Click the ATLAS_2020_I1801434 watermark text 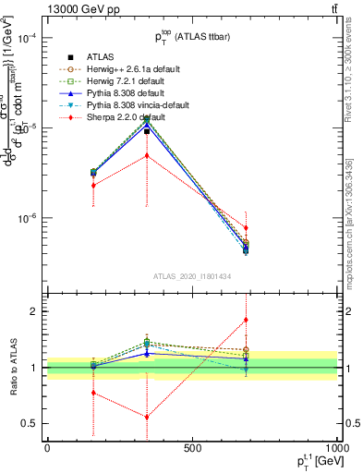pos(191,276)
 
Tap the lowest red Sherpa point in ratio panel pos(147,417)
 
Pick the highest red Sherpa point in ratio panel pos(246,321)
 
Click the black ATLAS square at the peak pos(147,131)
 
